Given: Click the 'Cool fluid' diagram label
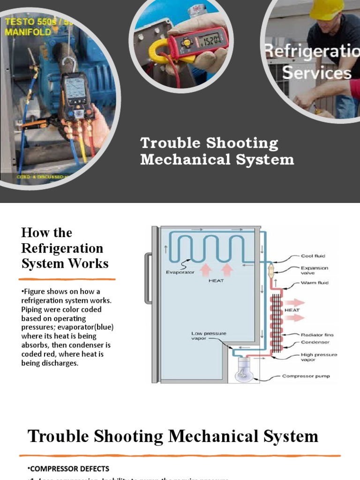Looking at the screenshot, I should [x=313, y=256].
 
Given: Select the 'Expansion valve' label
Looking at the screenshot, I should [x=315, y=271].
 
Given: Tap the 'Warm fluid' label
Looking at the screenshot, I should [x=315, y=283].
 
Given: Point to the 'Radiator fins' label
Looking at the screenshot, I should [x=317, y=335].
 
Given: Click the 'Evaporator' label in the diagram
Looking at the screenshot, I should [x=180, y=272].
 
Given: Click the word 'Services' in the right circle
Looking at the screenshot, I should [x=317, y=73].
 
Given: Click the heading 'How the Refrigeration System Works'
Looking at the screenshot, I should [x=65, y=248].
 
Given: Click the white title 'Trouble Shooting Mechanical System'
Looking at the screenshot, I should [x=217, y=151].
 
